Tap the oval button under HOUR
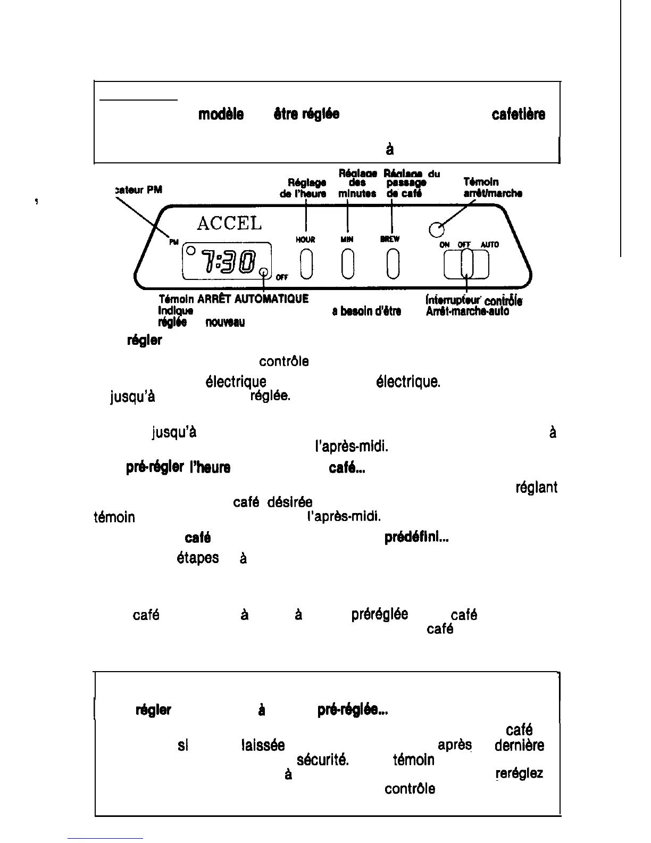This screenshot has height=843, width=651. click(x=305, y=265)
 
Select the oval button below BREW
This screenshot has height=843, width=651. click(x=393, y=265)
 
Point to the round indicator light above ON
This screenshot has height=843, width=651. click(x=436, y=229)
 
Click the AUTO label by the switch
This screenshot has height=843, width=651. click(x=489, y=245)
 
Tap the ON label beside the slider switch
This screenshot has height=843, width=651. click(x=445, y=245)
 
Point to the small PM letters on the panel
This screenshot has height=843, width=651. click(x=174, y=242)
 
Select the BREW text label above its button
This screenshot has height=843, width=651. click(x=390, y=239)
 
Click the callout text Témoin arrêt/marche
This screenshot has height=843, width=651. click(x=493, y=188)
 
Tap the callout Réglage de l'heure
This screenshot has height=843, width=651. click(x=303, y=188)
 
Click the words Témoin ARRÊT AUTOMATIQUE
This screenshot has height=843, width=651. click(x=233, y=299)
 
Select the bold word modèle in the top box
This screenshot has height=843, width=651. click(x=221, y=114)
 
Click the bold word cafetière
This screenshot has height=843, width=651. click(x=518, y=114)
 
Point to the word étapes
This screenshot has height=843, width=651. click(x=197, y=558)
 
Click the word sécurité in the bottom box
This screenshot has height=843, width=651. click(x=322, y=760)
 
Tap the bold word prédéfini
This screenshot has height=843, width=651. click(x=416, y=538)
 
